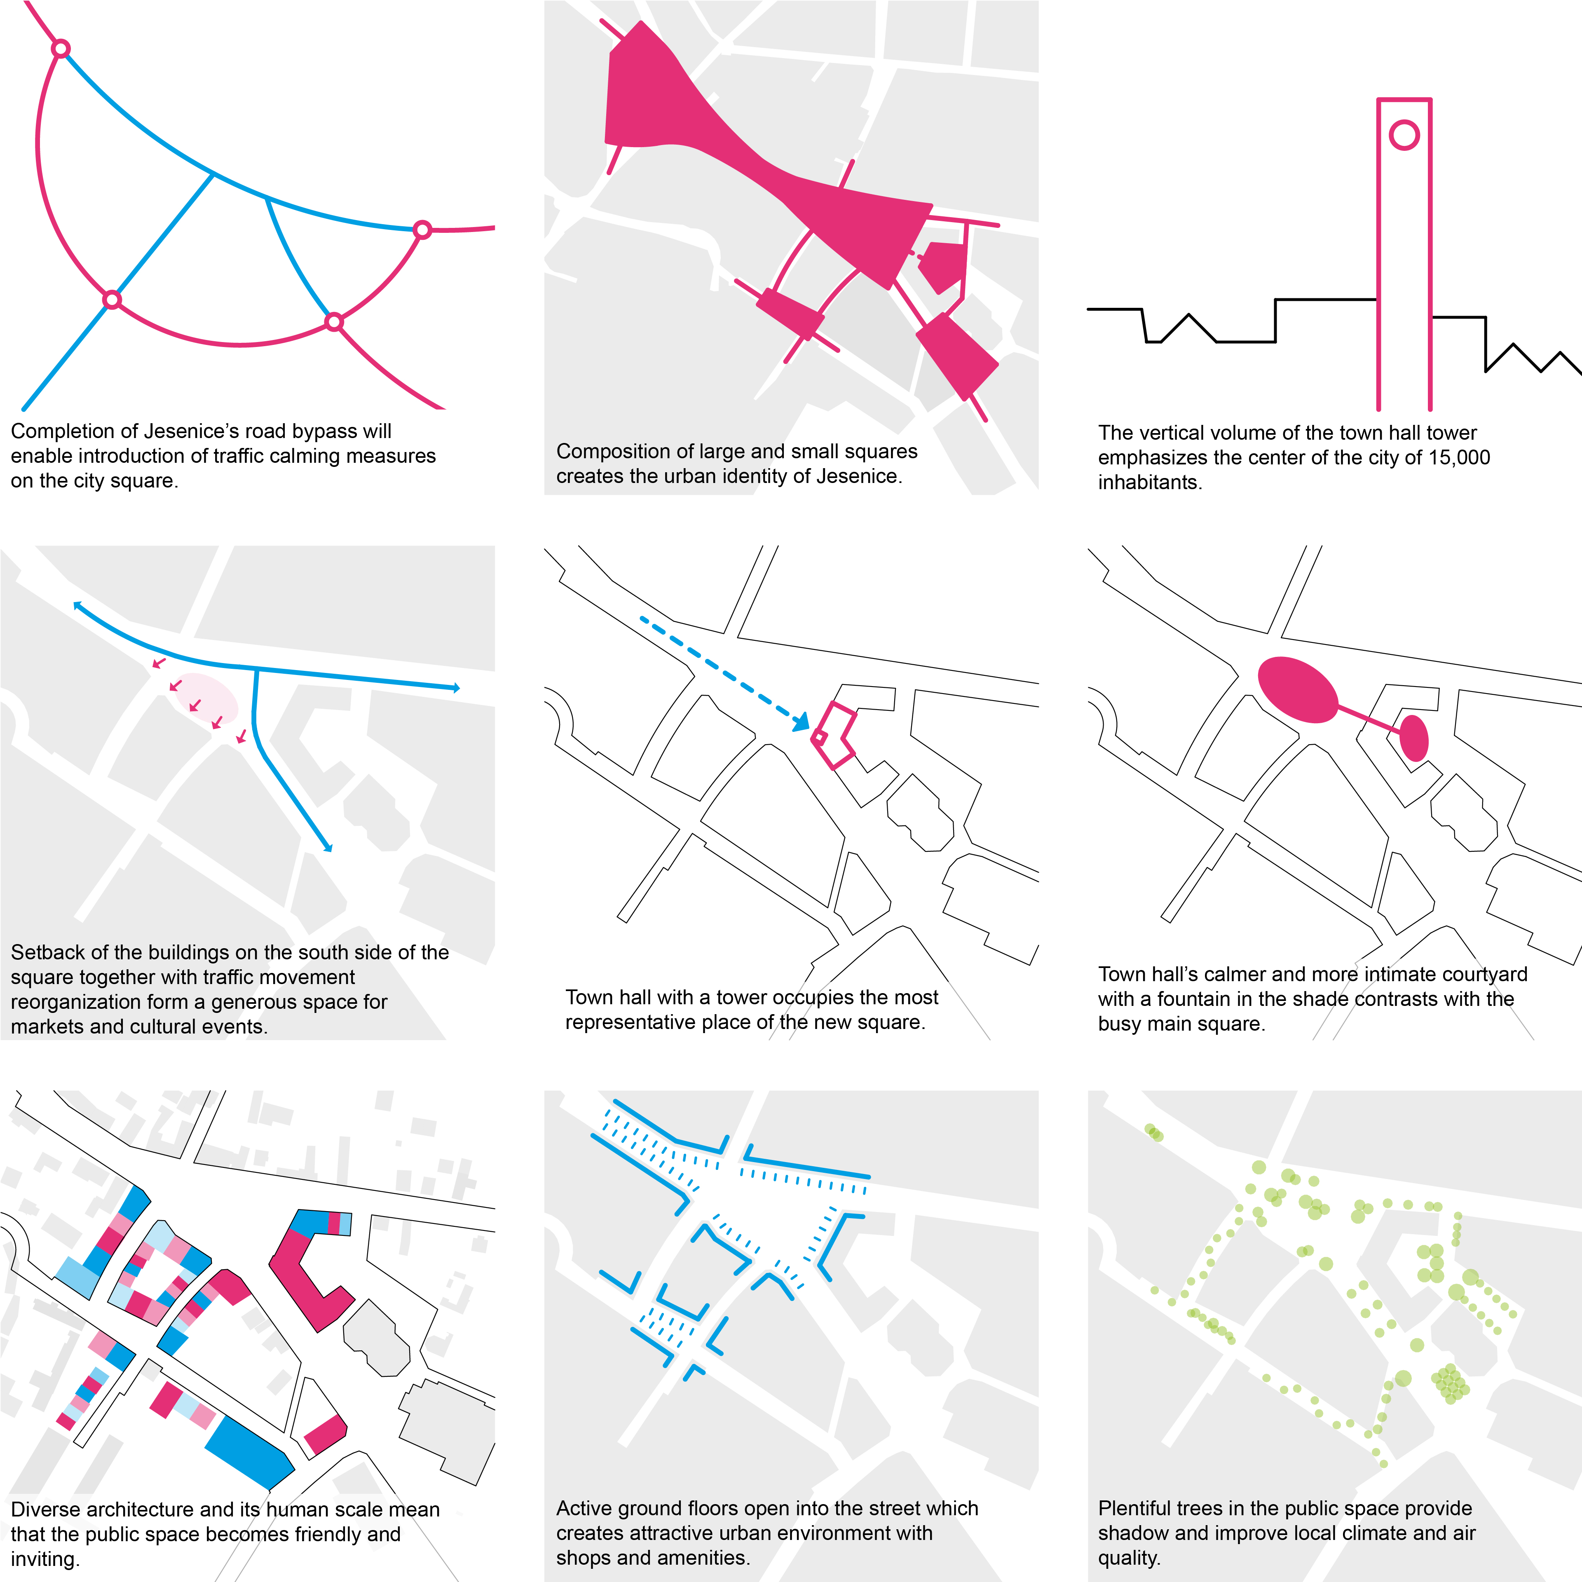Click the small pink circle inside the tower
tap(1404, 135)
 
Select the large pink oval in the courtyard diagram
tap(1298, 689)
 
